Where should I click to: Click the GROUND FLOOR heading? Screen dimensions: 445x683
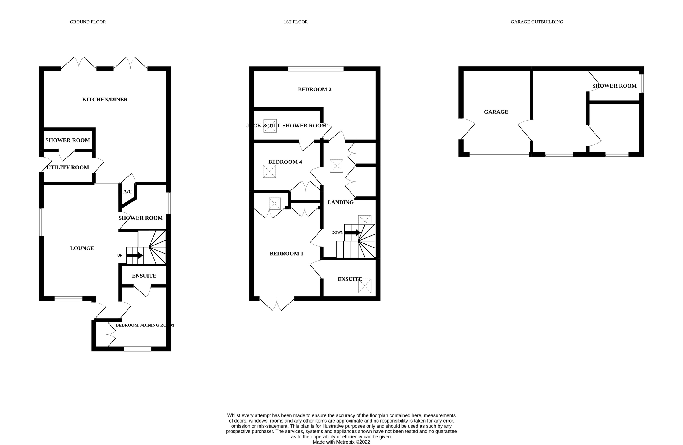click(88, 22)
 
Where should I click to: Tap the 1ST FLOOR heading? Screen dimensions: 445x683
click(296, 22)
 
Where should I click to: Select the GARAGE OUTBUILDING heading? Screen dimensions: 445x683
click(537, 22)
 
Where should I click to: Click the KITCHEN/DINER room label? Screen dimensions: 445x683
click(105, 100)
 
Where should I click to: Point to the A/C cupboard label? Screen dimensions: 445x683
click(128, 192)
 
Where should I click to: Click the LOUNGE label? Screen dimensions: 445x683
click(82, 248)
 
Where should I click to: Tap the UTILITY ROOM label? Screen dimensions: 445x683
click(68, 167)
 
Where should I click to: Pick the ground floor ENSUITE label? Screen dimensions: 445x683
click(144, 276)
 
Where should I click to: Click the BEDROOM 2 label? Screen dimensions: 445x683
click(314, 90)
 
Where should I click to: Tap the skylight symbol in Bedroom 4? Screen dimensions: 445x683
click(269, 171)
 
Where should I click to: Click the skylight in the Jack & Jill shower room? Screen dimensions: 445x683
click(270, 126)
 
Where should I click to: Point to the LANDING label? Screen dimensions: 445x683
click(340, 202)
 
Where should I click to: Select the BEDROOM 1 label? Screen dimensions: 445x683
click(286, 254)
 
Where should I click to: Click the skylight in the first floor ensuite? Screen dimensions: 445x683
click(365, 286)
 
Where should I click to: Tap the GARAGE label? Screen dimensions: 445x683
click(496, 112)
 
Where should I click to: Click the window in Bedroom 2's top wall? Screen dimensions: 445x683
click(315, 69)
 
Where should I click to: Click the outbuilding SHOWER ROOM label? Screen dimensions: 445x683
click(614, 86)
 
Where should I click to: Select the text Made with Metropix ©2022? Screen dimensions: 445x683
click(341, 442)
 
